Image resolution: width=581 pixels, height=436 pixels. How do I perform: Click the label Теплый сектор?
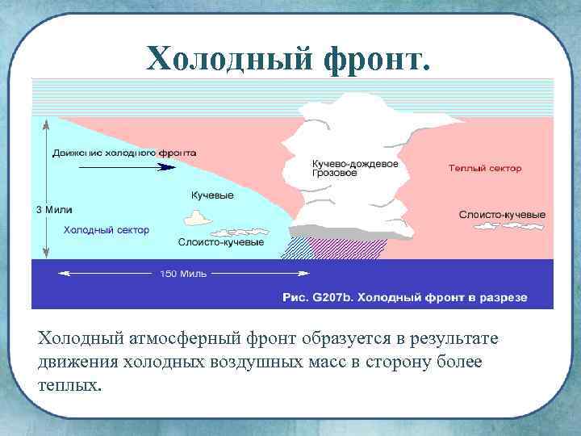[x=485, y=169]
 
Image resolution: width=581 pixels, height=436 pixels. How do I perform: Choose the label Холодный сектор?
[x=107, y=229]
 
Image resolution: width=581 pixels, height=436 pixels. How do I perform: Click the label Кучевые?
[x=212, y=195]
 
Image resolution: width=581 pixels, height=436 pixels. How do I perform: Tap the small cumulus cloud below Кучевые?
[x=197, y=217]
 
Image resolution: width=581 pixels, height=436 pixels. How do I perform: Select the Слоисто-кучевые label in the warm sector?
[x=502, y=215]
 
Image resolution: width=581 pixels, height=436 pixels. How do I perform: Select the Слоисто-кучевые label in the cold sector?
[x=221, y=241]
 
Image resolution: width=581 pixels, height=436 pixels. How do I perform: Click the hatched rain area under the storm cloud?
[x=339, y=246]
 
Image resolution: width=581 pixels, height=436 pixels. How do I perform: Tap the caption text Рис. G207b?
[x=317, y=297]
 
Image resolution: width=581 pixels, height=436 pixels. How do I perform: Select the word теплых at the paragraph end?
[x=69, y=384]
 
